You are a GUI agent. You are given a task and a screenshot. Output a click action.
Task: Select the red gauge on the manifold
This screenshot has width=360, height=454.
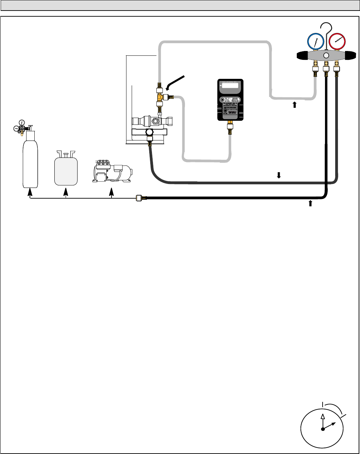coord(337,42)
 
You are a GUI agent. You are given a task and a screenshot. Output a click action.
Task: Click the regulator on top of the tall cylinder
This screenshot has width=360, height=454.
coord(22,128)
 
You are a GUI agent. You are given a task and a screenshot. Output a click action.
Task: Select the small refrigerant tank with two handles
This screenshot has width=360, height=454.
coord(66,170)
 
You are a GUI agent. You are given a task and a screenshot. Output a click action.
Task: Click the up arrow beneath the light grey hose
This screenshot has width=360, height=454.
coord(295,105)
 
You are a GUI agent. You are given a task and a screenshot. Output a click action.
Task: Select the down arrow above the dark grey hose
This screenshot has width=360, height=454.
coord(278,175)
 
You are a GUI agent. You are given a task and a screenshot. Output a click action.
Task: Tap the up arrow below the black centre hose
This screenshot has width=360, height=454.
coord(310,203)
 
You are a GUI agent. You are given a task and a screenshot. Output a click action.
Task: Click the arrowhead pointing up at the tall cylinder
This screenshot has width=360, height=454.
coord(30,192)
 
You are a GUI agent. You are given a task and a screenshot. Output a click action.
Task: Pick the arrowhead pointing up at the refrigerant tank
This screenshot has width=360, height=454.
coord(66,192)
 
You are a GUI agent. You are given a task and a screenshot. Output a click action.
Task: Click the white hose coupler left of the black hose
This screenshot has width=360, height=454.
coord(139,198)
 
